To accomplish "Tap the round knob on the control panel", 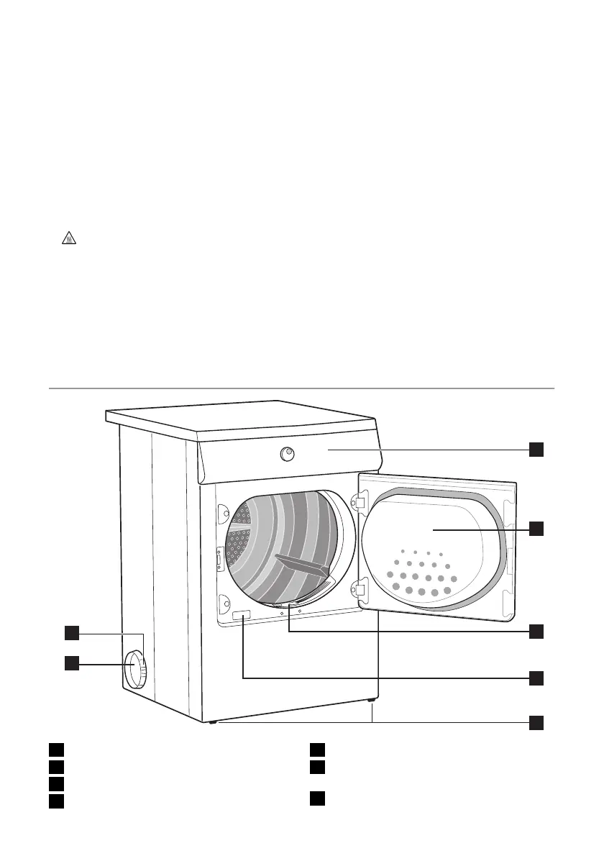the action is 287,452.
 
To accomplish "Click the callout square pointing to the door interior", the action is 536,529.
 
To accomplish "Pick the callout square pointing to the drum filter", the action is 536,631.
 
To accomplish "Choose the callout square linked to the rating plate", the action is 536,678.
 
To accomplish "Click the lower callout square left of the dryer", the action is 70,663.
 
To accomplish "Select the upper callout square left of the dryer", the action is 70,632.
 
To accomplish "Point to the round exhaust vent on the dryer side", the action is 136,669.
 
